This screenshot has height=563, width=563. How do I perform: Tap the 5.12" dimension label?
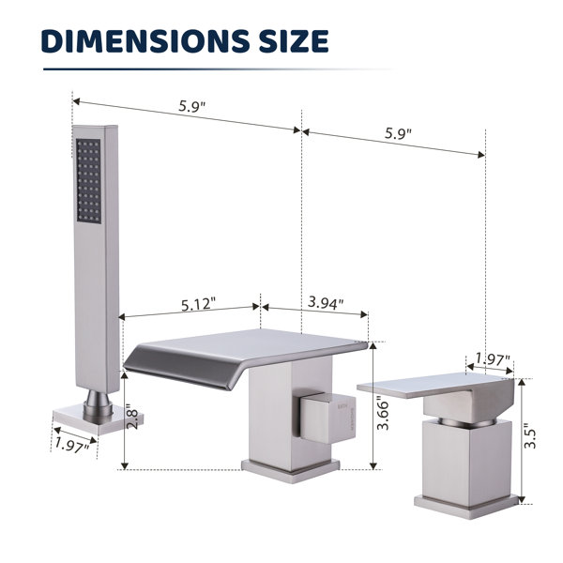pyautogui.click(x=198, y=304)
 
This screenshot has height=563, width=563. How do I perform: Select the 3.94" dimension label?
pyautogui.click(x=326, y=303)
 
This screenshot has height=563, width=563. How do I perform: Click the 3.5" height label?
pyautogui.click(x=530, y=438)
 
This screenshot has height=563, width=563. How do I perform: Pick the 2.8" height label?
pyautogui.click(x=132, y=418)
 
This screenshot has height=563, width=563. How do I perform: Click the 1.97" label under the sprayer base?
pyautogui.click(x=71, y=446)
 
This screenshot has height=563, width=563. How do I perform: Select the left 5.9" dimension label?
pyautogui.click(x=191, y=106)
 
